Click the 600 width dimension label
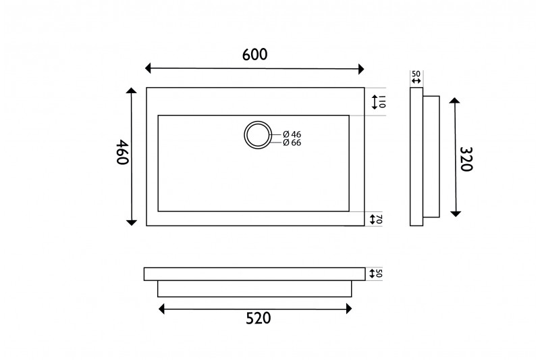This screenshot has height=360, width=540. point(255,55)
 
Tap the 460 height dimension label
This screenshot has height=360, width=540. point(122,152)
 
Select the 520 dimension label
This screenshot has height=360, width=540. point(259,318)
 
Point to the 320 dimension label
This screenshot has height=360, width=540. point(466,159)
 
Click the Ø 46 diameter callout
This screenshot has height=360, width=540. point(292,134)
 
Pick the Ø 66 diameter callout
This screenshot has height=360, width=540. point(292,143)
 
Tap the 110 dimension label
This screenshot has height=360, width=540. point(382,102)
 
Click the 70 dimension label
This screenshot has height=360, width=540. point(379,220)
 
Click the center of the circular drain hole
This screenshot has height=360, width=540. point(257,135)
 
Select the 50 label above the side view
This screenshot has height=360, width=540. point(416,74)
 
